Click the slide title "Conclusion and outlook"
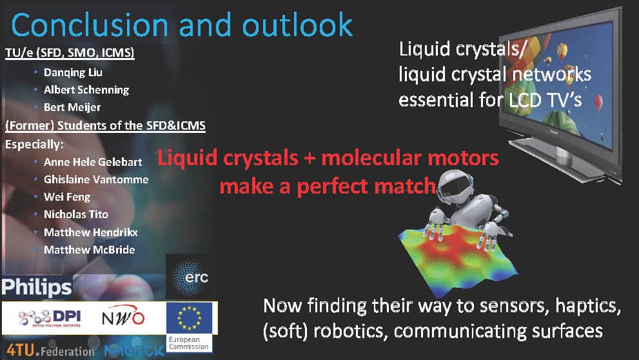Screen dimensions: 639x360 (x=182, y=25)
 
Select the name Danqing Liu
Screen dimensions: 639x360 (x=73, y=72)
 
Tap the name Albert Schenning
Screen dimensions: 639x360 (x=86, y=90)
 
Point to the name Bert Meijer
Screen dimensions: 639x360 (x=72, y=107)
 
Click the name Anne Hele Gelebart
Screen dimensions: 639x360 (x=93, y=162)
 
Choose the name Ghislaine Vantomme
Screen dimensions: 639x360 (x=96, y=179)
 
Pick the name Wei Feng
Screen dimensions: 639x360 (x=67, y=197)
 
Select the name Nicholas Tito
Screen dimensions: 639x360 (x=76, y=214)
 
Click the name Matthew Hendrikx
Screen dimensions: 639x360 (x=91, y=232)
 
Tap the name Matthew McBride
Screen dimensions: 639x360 (x=89, y=250)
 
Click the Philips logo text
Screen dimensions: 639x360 (x=37, y=288)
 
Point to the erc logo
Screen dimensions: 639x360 (x=189, y=277)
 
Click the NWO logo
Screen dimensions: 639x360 (x=123, y=316)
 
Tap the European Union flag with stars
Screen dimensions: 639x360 (x=189, y=318)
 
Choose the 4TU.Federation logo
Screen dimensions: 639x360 (x=50, y=350)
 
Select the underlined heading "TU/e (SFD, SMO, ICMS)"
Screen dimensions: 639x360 (x=70, y=53)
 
